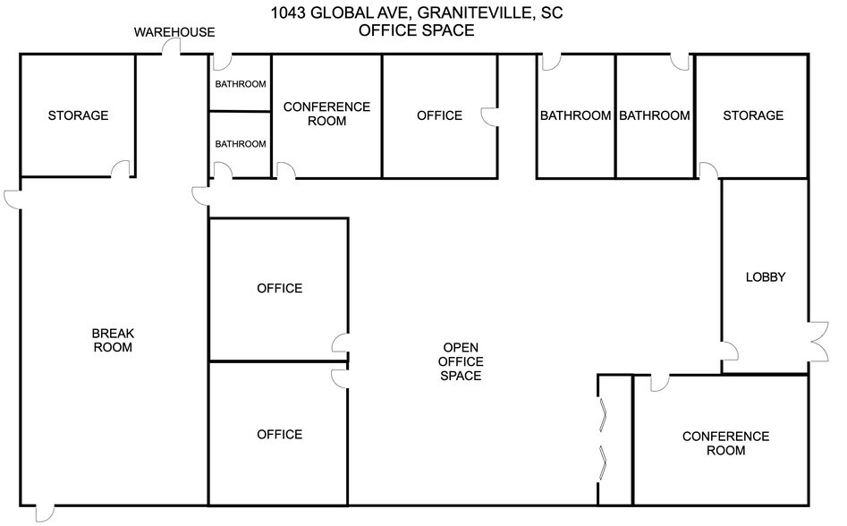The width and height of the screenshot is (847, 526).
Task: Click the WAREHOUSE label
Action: coord(174,32)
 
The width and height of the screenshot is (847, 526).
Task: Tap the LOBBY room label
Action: coord(765,277)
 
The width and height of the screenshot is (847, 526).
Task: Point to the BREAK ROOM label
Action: coord(113,340)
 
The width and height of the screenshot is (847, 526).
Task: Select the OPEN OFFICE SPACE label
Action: coord(461,361)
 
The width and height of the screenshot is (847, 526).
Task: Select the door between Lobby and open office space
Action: coord(730,352)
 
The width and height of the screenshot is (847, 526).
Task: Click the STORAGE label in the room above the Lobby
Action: coord(752,115)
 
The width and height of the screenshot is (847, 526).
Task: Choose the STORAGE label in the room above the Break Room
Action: coord(78,115)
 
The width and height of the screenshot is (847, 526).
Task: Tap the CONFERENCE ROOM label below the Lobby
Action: coord(725,444)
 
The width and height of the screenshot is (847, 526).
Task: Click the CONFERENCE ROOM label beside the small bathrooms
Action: coord(326,114)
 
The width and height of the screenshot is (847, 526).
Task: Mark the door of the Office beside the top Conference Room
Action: coord(490,117)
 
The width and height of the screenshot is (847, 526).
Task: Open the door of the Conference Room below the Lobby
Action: coord(659,383)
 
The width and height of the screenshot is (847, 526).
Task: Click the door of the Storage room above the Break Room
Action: coord(118,169)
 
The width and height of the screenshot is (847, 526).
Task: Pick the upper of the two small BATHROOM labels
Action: coord(240,85)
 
